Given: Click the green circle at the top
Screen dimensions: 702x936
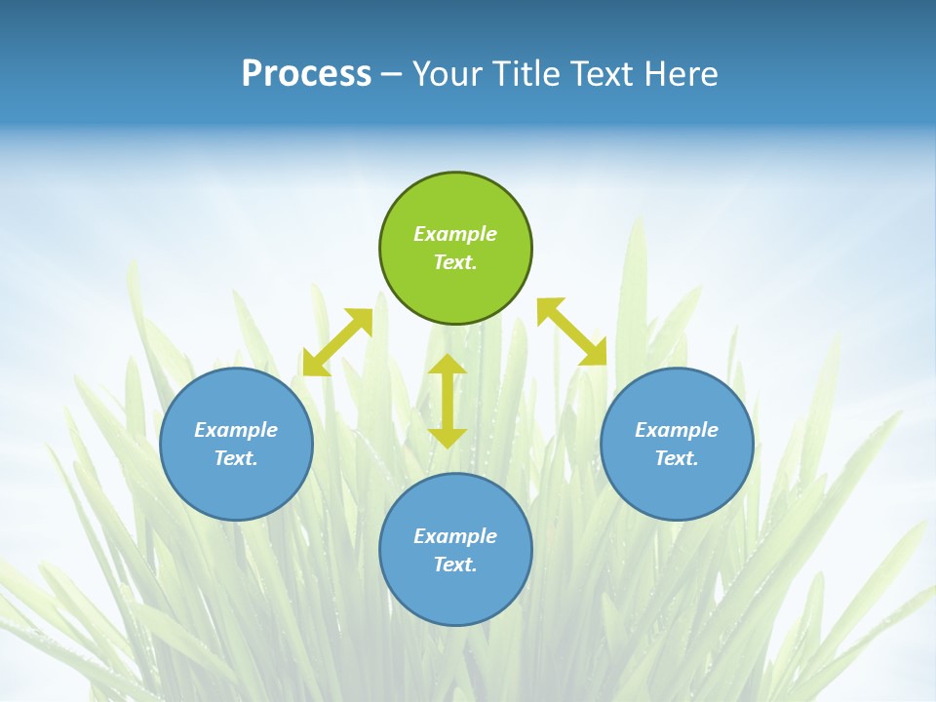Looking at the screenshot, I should [x=455, y=248].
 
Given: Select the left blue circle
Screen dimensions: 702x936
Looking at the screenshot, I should [x=236, y=444].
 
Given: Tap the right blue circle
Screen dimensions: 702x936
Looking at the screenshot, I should [x=677, y=444].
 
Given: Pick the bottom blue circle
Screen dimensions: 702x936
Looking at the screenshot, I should [x=455, y=550].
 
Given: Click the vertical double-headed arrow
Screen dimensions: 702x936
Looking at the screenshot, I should [x=448, y=401].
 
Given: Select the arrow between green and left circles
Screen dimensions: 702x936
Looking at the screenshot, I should [x=337, y=341].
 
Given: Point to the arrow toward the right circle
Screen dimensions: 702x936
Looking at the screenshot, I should [x=571, y=331].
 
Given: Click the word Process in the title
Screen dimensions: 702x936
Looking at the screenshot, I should [x=306, y=73].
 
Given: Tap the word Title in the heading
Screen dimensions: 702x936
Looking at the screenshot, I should [x=526, y=73].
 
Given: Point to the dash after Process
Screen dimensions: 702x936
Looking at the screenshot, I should [x=391, y=74].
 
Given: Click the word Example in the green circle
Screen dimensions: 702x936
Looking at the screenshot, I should [x=455, y=234].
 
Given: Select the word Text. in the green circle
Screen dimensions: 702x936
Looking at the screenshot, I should [x=455, y=262].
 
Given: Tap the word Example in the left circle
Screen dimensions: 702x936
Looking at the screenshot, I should [x=236, y=430].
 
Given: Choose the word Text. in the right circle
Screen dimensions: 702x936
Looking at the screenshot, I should [x=677, y=458].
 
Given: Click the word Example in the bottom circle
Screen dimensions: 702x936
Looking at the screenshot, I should [x=455, y=536].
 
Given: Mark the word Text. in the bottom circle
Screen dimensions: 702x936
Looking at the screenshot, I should [x=455, y=565].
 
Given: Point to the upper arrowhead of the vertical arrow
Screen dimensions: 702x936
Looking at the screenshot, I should [x=448, y=364].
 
